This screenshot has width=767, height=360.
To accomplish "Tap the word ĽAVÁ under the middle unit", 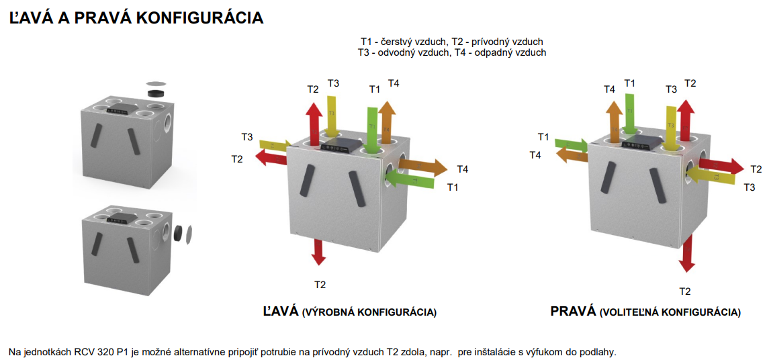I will (280, 312).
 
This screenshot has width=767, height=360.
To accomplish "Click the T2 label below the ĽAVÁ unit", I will (320, 285).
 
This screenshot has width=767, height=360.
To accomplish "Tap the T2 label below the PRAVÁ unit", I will (684, 291).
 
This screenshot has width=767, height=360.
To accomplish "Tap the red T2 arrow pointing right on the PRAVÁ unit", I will (722, 165).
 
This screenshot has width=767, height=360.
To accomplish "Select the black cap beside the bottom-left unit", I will (179, 232).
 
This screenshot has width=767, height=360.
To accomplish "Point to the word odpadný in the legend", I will (501, 52).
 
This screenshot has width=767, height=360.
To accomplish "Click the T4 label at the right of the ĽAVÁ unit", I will (462, 169).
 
